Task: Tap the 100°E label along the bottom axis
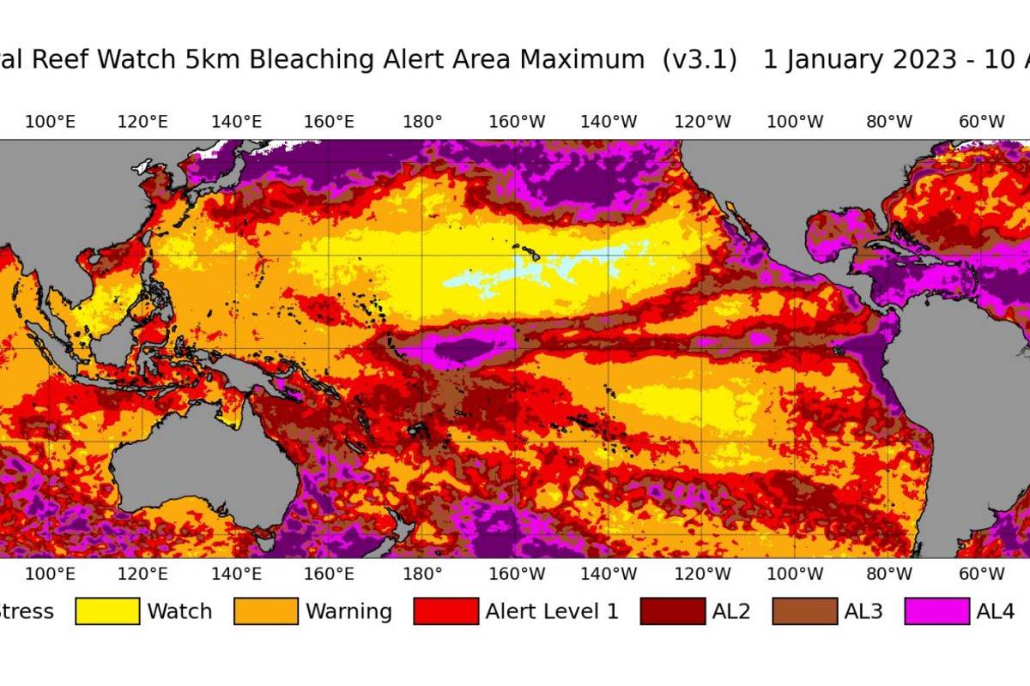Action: (50, 574)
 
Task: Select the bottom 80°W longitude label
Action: (888, 574)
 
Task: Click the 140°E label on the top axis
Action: (236, 122)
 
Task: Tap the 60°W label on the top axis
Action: (981, 122)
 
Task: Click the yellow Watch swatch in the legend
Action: (107, 611)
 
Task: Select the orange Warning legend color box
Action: (266, 611)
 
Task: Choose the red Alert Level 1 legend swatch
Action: (445, 611)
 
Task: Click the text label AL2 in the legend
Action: (732, 611)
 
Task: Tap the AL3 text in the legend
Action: (863, 611)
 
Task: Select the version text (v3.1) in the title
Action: (700, 60)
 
